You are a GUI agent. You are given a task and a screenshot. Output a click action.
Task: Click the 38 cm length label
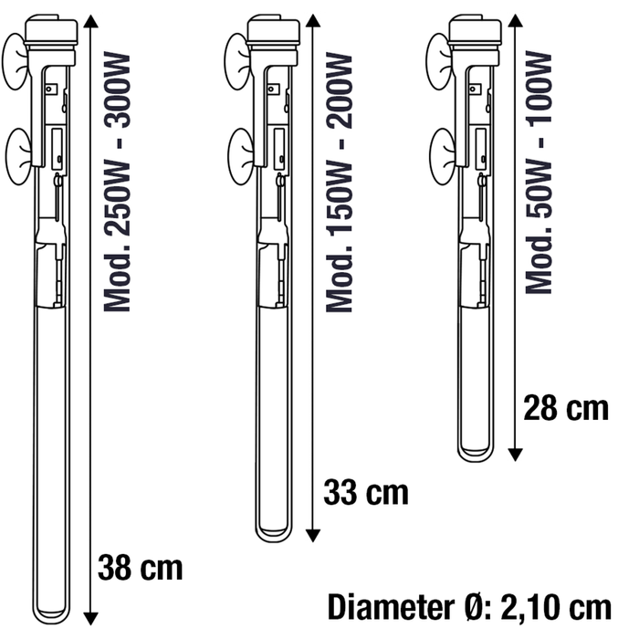point(141,568)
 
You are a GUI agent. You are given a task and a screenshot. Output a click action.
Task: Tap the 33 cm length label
point(365,493)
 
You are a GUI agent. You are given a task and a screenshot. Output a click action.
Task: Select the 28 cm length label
point(566,408)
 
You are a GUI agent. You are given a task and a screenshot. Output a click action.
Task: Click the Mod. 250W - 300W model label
point(117,183)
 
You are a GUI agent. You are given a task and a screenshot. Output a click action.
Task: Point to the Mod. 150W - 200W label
point(339,183)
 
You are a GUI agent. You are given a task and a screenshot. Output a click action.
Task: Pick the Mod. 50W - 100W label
point(539,172)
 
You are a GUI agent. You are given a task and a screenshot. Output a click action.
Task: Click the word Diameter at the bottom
point(392,607)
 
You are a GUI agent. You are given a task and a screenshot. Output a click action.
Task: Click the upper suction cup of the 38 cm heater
point(16,61)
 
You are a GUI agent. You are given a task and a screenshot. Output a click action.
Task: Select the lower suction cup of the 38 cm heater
point(18,157)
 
